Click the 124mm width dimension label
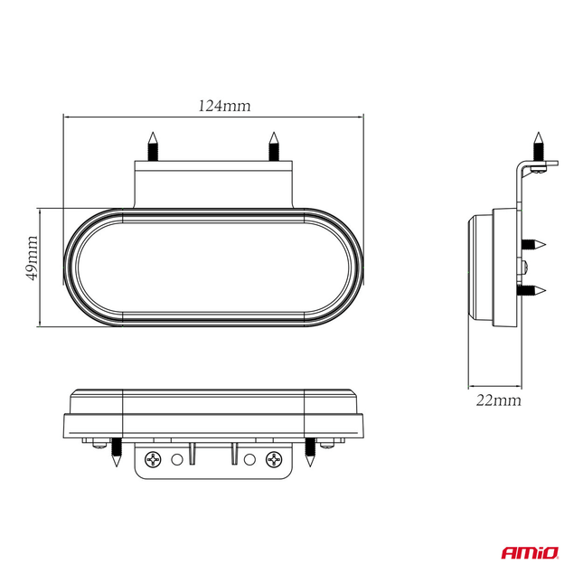pos(224,106)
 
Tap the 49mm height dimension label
pos(32,258)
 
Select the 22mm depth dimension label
pos(499,400)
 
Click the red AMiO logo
pos(530,553)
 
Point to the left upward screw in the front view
pos(153,146)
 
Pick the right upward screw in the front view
pos(274,146)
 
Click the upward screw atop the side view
pos(539,146)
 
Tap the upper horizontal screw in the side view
pos(533,245)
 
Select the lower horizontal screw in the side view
pos(533,290)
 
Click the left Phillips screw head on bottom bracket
pos(153,460)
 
